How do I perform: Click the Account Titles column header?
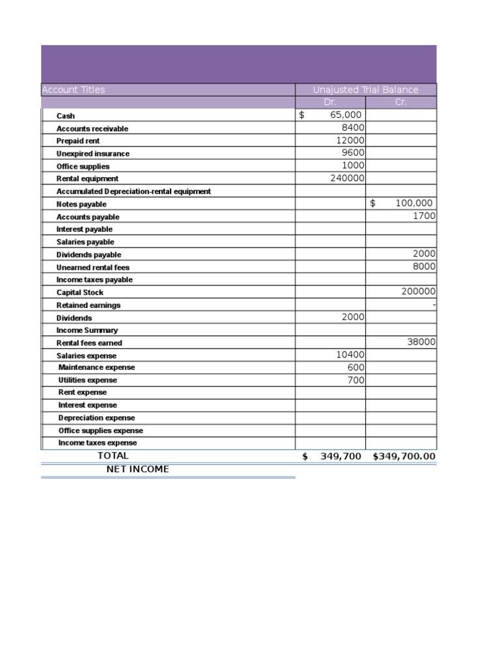pyautogui.click(x=73, y=90)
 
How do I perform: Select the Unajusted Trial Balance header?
pyautogui.click(x=365, y=90)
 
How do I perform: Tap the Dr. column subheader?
pyautogui.click(x=330, y=102)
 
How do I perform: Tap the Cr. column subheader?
pyautogui.click(x=400, y=102)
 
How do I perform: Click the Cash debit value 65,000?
pyautogui.click(x=345, y=115)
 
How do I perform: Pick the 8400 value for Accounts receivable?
pyautogui.click(x=353, y=128)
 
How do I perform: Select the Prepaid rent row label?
pyautogui.click(x=78, y=141)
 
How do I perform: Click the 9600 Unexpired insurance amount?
pyautogui.click(x=353, y=153)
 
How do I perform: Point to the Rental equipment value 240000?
pyautogui.click(x=348, y=178)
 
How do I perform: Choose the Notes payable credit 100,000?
pyautogui.click(x=413, y=203)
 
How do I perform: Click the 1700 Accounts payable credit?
pyautogui.click(x=424, y=216)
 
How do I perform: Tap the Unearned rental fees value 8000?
pyautogui.click(x=424, y=266)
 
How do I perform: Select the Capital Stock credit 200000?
pyautogui.click(x=418, y=292)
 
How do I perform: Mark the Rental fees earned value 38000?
pyautogui.click(x=421, y=342)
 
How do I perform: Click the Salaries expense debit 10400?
pyautogui.click(x=350, y=355)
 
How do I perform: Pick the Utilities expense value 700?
pyautogui.click(x=355, y=380)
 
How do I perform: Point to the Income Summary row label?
pyautogui.click(x=87, y=330)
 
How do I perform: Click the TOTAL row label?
pyautogui.click(x=113, y=456)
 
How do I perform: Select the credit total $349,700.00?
pyautogui.click(x=404, y=457)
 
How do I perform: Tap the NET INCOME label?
pyautogui.click(x=137, y=469)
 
